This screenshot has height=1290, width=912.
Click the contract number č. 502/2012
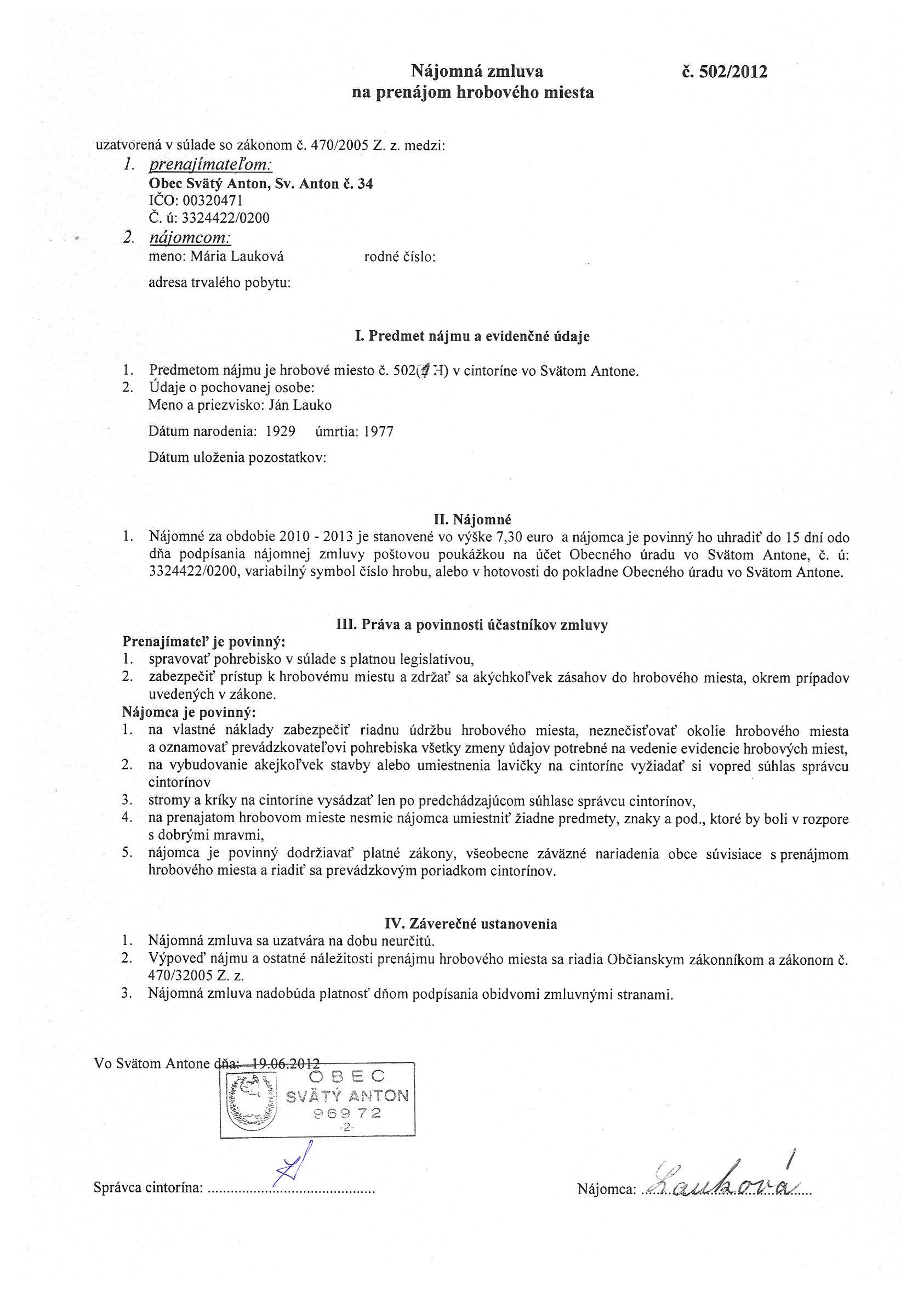(x=724, y=72)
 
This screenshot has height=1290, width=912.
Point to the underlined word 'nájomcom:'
(x=190, y=237)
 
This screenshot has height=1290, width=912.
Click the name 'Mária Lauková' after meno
(x=237, y=257)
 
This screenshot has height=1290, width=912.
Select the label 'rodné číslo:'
(x=401, y=257)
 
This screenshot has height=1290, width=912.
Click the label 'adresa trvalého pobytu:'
(x=219, y=282)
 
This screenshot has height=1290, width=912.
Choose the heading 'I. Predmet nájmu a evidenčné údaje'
(x=472, y=336)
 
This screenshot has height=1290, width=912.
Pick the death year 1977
(x=379, y=432)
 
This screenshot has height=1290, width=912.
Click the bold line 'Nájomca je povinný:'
(x=189, y=713)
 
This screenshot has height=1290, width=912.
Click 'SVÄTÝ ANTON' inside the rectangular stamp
(x=347, y=1095)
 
